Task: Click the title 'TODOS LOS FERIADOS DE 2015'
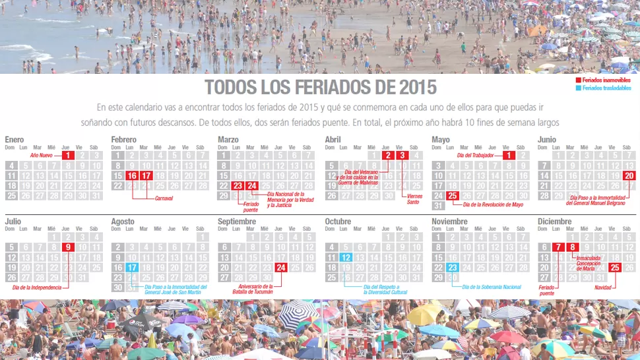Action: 320,88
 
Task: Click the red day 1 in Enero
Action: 68,156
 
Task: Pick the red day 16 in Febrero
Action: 132,176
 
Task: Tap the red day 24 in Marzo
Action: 252,186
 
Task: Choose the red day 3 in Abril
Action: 402,156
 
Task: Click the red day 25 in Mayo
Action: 452,196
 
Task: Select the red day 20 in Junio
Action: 629,176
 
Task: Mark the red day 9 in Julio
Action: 68,247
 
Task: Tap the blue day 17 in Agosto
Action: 132,268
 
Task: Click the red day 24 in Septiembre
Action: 281,268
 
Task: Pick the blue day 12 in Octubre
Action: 346,257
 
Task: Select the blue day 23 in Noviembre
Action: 452,268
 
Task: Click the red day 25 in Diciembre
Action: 615,268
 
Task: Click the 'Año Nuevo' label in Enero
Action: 42,156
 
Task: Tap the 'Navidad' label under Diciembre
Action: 602,288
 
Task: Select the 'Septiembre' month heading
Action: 238,222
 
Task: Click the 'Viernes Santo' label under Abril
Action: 413,200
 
